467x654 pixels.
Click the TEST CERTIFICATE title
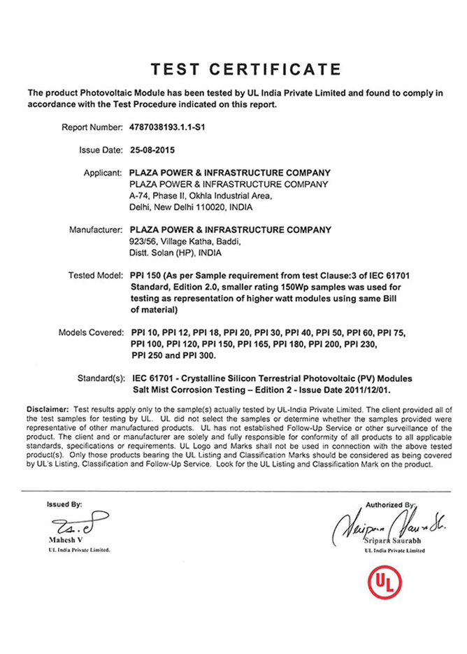coord(247,69)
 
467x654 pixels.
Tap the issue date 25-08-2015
coord(152,150)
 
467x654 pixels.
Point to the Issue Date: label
coord(101,150)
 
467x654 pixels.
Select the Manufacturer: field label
coord(96,229)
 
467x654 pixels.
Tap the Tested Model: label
coord(96,275)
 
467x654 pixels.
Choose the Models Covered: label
coord(90,332)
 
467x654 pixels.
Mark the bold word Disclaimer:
coord(48,408)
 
